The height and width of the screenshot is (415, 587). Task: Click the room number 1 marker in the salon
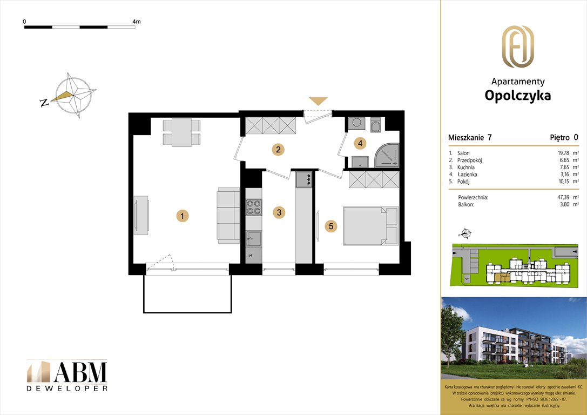(183, 216)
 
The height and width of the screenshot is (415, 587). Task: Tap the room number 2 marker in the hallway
(278, 150)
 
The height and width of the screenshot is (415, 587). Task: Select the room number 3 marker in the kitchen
(279, 212)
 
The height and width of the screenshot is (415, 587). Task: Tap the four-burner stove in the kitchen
(253, 207)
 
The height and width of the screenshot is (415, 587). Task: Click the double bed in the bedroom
(370, 226)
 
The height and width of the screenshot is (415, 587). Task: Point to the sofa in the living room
(228, 214)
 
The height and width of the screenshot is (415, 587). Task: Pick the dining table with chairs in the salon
(181, 132)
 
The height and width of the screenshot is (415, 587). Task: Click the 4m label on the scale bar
(136, 22)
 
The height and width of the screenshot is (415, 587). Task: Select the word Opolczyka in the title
(517, 96)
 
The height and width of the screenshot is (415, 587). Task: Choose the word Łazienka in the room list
(467, 175)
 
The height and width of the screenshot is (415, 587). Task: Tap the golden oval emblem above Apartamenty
(517, 46)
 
